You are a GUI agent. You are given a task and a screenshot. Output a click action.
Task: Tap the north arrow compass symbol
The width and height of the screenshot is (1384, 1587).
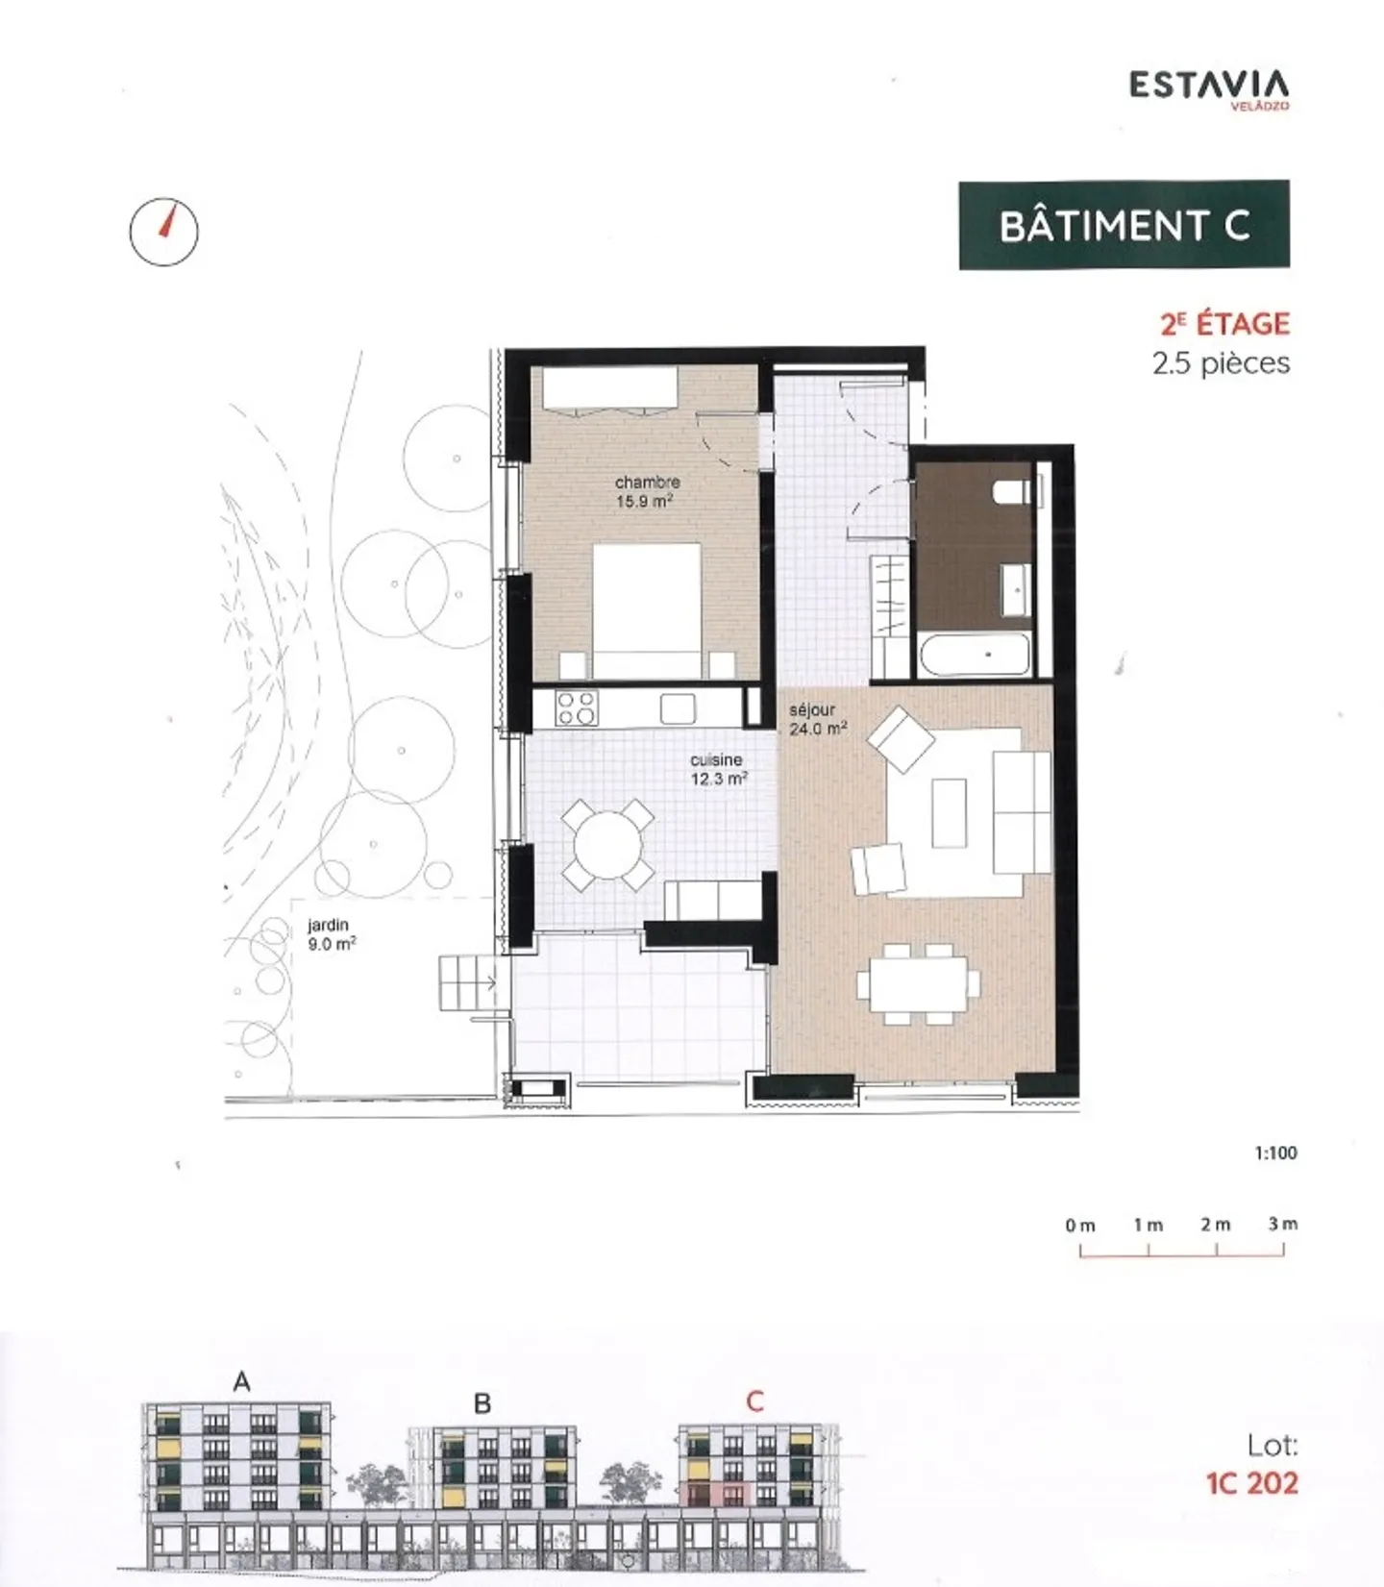[x=163, y=232]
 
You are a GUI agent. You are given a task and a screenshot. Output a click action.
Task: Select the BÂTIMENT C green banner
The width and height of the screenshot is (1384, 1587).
[x=1124, y=225]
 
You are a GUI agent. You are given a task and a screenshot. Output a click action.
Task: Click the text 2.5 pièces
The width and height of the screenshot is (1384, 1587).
[x=1221, y=363]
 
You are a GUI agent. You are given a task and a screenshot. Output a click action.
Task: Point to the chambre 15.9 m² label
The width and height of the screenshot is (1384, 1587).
[x=647, y=491]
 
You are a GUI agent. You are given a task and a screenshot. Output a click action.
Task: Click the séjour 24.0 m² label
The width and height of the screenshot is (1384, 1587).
[x=817, y=719]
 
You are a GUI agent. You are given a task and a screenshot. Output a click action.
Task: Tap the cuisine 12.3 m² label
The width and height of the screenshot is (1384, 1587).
[x=718, y=769]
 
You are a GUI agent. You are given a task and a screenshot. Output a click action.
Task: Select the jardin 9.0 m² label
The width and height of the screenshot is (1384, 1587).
[x=331, y=934]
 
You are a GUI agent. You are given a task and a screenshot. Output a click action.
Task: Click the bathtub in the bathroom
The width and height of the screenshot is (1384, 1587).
[x=975, y=655]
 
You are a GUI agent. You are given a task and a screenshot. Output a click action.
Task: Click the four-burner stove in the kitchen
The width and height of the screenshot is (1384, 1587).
[x=577, y=708]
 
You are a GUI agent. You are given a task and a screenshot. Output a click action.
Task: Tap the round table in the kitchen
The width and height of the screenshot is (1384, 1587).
[x=607, y=845]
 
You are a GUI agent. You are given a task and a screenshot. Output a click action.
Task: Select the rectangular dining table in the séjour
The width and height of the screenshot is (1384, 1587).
[x=918, y=983]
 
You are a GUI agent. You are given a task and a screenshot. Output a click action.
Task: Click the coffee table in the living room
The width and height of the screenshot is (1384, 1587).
[x=949, y=813]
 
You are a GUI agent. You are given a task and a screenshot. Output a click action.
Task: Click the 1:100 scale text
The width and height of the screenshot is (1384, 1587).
[x=1275, y=1153]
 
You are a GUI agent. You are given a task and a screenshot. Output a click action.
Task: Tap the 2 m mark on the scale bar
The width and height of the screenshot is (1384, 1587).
[x=1216, y=1226]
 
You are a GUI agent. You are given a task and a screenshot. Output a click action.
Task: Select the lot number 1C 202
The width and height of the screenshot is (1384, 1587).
[x=1251, y=1483]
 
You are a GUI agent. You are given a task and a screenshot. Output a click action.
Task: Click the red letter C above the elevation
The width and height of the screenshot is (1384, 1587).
[x=754, y=1401]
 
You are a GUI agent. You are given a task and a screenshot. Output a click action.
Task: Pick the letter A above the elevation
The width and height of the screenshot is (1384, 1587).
[x=241, y=1382]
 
